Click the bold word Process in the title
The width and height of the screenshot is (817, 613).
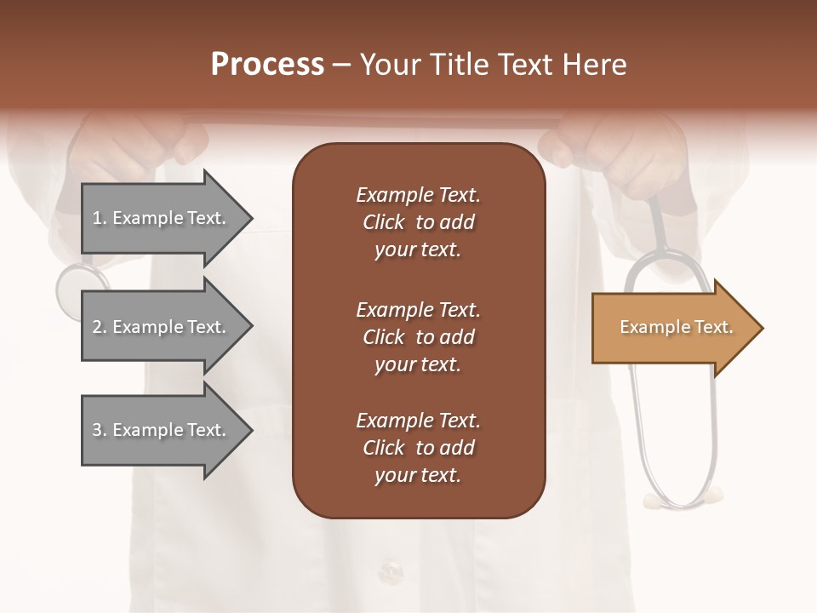coord(267,65)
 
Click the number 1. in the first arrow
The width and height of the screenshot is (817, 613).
coord(100,218)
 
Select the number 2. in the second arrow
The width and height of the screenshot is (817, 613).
coord(100,327)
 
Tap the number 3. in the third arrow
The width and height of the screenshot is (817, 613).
coord(100,430)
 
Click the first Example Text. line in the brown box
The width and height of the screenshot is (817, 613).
coord(418,195)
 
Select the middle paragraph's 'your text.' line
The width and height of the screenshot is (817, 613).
coord(418,364)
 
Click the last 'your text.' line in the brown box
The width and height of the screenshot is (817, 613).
coord(418,476)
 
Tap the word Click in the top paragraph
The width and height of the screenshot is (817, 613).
coord(383,222)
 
